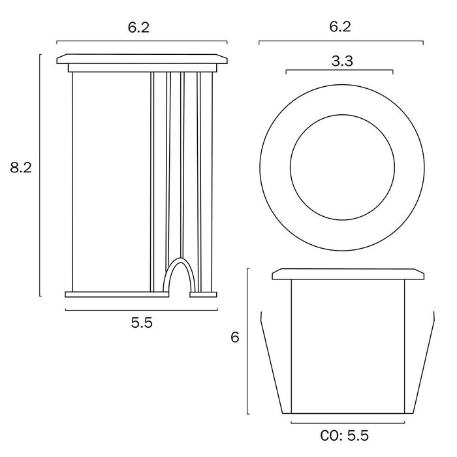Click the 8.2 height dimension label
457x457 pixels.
coord(21,168)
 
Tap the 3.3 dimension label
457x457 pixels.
coord(342,61)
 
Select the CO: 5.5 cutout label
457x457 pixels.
coord(345,435)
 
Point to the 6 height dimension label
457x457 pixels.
coord(234,338)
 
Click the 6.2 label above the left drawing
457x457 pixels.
coord(138,27)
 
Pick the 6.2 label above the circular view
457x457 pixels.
coord(340,27)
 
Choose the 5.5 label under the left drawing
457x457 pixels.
coord(142,323)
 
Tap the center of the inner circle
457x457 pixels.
coord(343,167)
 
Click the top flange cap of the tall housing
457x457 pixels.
coord(142,59)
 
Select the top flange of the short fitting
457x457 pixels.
coord(348,274)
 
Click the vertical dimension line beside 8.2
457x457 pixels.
coord(40,175)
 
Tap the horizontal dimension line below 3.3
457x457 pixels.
coord(339,71)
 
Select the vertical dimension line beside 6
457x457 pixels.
coord(247,341)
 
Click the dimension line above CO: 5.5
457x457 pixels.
coord(348,422)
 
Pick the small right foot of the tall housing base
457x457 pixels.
coord(203,294)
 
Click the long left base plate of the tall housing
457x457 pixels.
coord(117,294)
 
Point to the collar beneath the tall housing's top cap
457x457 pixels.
coord(142,68)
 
